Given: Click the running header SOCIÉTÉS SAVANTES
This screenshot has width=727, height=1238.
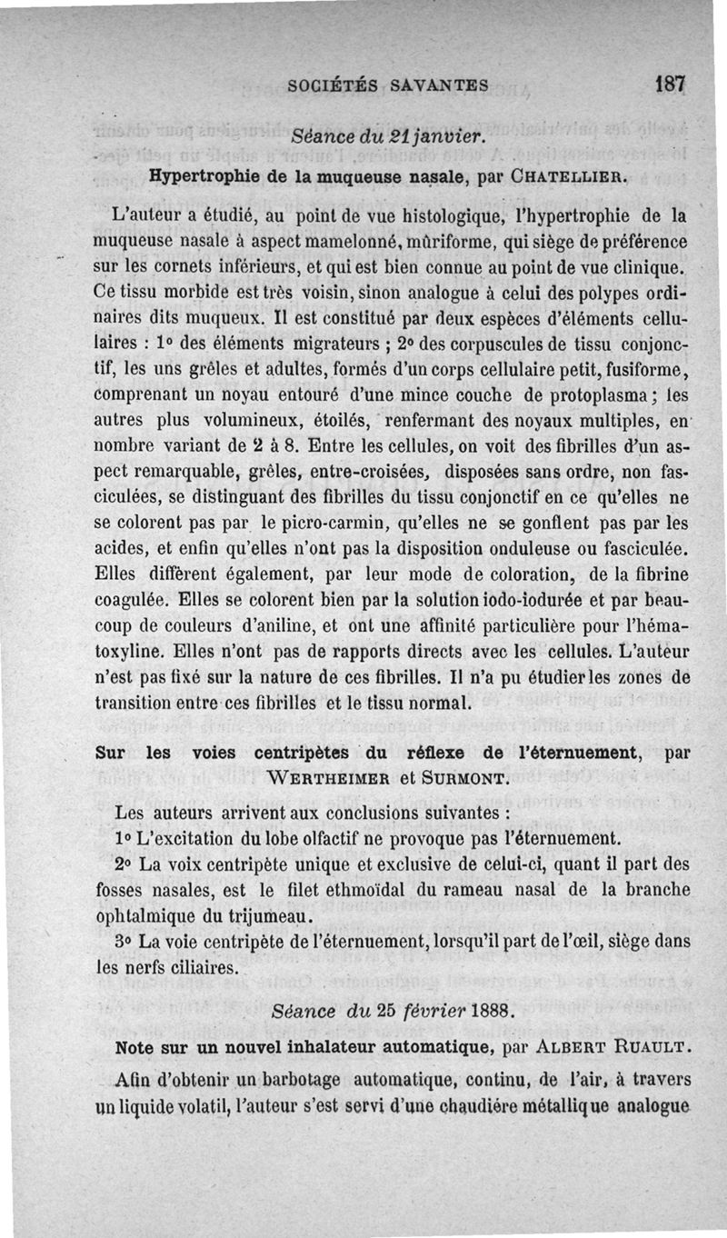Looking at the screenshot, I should [388, 86].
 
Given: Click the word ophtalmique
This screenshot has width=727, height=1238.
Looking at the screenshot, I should [151, 914].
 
